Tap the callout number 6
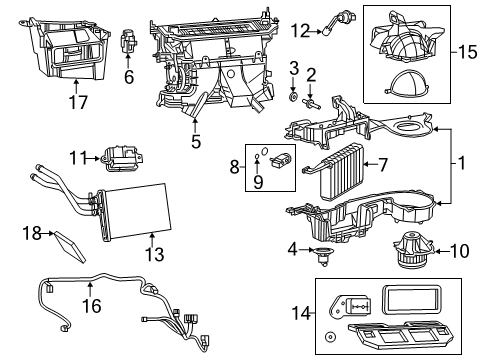pyautogui.click(x=128, y=75)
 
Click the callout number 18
pyautogui.click(x=30, y=233)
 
